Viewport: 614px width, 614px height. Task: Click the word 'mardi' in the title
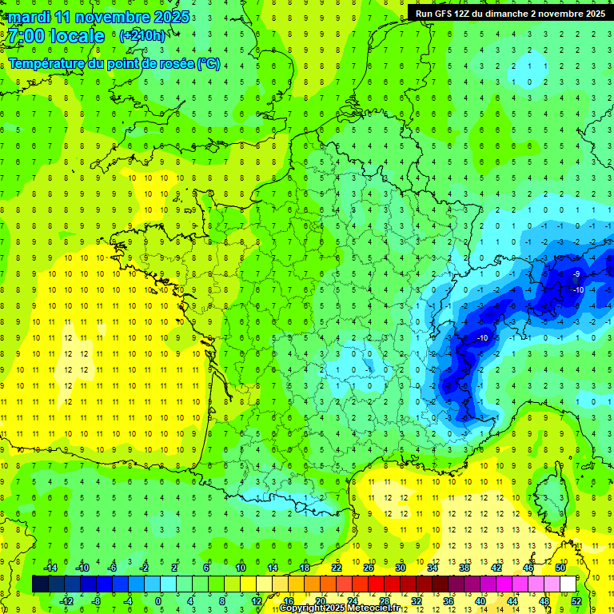[x=30, y=17]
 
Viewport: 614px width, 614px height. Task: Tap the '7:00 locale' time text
[x=57, y=36]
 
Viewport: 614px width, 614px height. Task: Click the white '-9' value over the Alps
[x=576, y=274]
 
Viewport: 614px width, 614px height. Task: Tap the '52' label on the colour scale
[x=576, y=601]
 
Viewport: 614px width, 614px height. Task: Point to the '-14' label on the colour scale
[x=50, y=568]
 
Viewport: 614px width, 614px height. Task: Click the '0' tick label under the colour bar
[x=158, y=601]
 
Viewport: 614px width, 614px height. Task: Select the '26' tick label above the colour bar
[x=369, y=568]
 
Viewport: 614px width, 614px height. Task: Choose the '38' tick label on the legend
[x=464, y=568]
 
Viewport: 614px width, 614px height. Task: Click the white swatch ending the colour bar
[x=568, y=584]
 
